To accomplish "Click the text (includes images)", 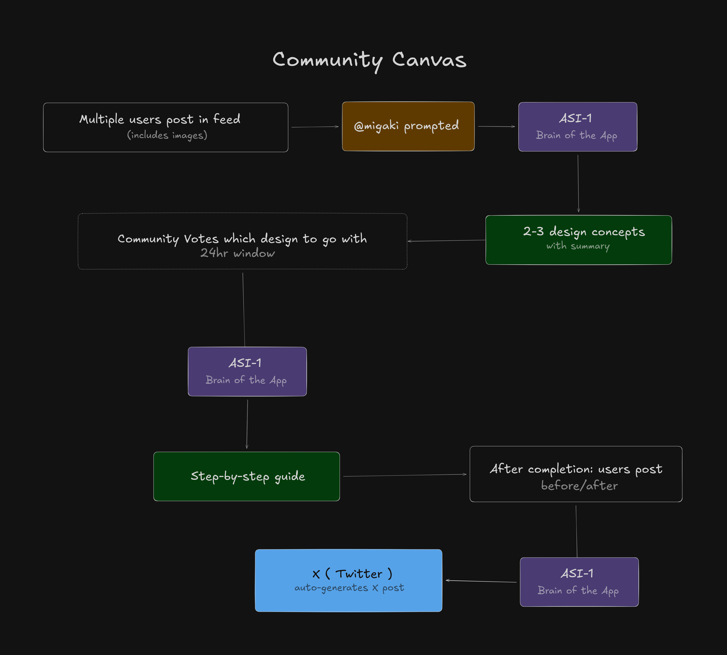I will coord(167,135).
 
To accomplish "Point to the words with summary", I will coord(578,246).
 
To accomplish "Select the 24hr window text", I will coord(237,253).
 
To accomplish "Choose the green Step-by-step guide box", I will coord(247,476).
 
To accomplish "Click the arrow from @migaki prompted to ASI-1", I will coord(496,126).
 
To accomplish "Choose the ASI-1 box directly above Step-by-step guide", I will coord(247,371).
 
